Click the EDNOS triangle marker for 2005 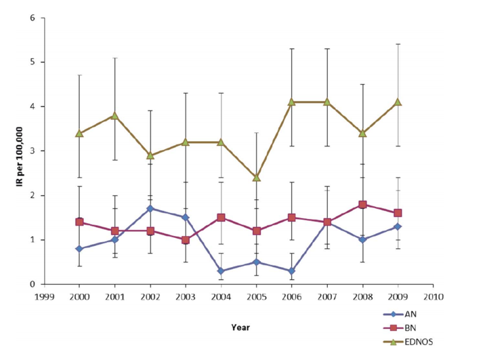[255, 178]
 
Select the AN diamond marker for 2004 [220, 271]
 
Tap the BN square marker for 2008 [362, 204]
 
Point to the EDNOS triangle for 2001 [114, 115]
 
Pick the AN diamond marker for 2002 [150, 209]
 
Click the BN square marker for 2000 [79, 222]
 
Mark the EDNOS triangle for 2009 [398, 102]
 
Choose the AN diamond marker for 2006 [291, 271]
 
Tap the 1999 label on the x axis [44, 296]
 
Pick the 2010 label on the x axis [433, 296]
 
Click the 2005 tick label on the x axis [256, 296]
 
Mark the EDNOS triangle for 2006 [291, 102]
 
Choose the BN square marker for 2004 [220, 218]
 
